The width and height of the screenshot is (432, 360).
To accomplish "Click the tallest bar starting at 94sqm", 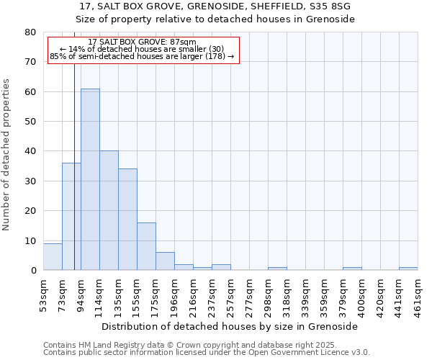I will [90, 180].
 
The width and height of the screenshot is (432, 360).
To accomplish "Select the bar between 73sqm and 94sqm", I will [71, 216].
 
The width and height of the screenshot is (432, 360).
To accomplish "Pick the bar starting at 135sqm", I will [127, 220].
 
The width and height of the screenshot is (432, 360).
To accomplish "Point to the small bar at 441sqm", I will [408, 269].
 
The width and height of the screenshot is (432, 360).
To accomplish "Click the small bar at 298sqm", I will [277, 269].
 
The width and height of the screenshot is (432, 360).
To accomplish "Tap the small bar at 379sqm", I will [352, 269].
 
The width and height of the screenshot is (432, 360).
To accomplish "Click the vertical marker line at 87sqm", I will [74, 144].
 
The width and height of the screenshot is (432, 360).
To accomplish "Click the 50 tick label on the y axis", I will [30, 122].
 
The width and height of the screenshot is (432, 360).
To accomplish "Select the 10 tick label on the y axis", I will [30, 240].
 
